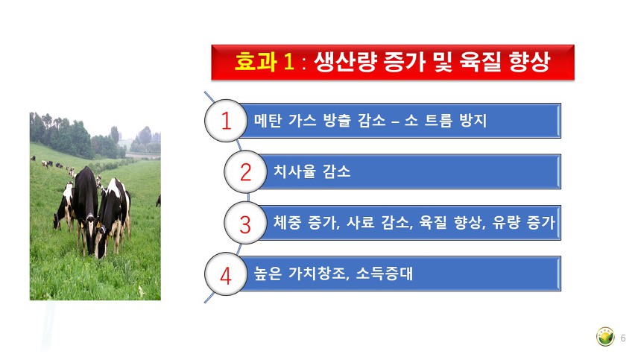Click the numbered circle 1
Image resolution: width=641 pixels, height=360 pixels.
point(226,121)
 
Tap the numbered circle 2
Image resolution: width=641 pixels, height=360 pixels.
point(245,171)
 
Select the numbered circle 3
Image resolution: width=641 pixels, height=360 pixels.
point(245,223)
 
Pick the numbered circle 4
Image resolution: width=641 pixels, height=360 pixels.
point(226,274)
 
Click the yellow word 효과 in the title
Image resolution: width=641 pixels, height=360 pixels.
point(256,62)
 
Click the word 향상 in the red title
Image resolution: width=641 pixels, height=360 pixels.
point(529,62)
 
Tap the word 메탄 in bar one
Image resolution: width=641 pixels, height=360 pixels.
point(268,121)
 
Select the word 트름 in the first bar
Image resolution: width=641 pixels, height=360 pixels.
point(439,121)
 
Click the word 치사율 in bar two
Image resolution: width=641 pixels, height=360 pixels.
point(294,171)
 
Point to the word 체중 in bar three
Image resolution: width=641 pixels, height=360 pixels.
point(287,223)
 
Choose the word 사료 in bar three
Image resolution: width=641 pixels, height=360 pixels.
point(360,223)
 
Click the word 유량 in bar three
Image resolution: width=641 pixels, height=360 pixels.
point(506,223)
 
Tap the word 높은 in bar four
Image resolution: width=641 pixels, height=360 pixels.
point(268,274)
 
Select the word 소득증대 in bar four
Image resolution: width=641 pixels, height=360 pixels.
point(384,274)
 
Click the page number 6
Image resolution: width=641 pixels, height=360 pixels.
point(623,338)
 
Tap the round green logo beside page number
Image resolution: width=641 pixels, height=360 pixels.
point(605,337)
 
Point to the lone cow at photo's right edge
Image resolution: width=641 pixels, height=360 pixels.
point(158,200)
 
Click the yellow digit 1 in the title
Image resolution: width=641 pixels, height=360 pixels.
point(288,62)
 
